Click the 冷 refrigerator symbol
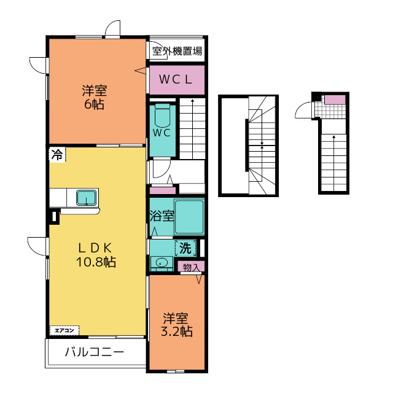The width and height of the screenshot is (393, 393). [x=56, y=155]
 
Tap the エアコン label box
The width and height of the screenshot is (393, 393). [x=64, y=331]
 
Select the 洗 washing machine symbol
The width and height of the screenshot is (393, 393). [x=185, y=249]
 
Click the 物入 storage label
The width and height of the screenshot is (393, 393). [x=192, y=267]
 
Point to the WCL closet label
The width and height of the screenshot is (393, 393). [x=177, y=79]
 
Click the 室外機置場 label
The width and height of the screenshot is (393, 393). [x=177, y=52]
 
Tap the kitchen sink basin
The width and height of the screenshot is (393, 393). [x=85, y=198]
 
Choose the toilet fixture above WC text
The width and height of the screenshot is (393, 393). [x=163, y=115]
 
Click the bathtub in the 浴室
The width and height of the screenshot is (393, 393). [x=189, y=217]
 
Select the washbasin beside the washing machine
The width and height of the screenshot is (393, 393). [x=161, y=263]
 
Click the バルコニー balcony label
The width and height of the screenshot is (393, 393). [x=95, y=353]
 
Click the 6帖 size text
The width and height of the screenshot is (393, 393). [x=95, y=104]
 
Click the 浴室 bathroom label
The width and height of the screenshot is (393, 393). [x=161, y=216]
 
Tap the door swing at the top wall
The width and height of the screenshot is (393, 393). [x=112, y=29]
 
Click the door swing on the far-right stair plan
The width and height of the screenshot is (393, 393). [x=305, y=109]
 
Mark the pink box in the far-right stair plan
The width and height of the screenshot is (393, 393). [x=335, y=99]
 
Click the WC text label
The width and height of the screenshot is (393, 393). [x=161, y=132]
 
